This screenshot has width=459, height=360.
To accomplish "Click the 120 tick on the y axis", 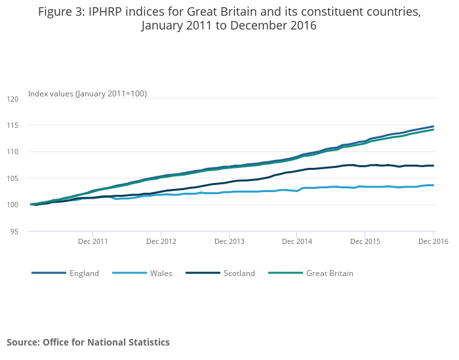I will coord(14,98).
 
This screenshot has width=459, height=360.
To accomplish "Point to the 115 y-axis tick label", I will coord(14,125).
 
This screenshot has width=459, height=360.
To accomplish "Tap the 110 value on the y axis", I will coord(14,151).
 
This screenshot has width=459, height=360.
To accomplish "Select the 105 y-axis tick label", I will coord(14,178).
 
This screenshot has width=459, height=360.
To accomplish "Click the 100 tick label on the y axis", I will coord(14,205).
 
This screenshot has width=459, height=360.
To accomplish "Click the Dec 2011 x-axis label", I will coord(92,241).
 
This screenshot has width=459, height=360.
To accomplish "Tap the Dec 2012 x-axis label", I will coord(161,241).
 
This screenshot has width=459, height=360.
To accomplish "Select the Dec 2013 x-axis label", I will coord(229,241).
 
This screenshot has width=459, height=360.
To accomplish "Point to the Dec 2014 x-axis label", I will coord(297,241).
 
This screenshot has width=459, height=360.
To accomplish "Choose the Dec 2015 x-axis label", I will coord(365,241).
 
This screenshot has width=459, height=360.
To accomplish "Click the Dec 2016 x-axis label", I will coord(433,241).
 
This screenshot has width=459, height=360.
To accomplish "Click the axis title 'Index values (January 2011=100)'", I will coord(87,94).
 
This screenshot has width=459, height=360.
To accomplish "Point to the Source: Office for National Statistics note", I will coord(88,342).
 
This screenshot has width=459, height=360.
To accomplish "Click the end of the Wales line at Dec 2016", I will coord(433,185).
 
